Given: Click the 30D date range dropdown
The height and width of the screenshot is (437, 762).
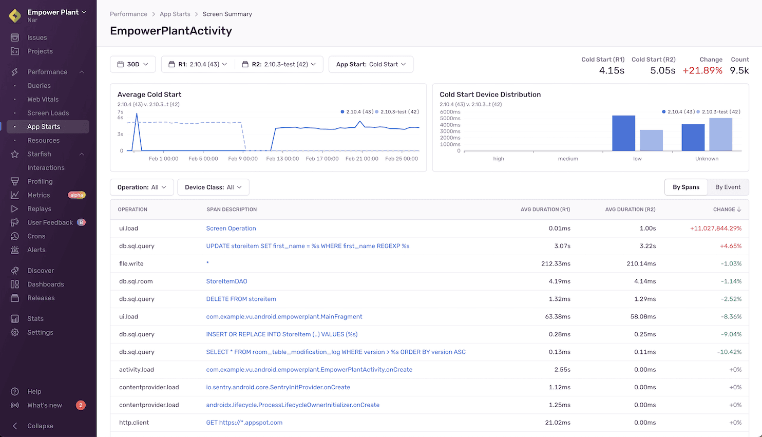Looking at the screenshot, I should click(132, 64).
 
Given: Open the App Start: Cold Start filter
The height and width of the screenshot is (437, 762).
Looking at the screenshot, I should click(371, 64).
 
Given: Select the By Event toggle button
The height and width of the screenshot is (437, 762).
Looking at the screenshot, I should click(728, 187).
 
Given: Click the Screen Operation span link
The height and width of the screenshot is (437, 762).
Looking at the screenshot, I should click(231, 229).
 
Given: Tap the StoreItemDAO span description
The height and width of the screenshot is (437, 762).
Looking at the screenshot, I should click(226, 281).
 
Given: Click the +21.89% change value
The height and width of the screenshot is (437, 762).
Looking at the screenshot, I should click(702, 71).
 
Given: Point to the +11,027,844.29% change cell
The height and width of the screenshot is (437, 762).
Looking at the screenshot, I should click(716, 229).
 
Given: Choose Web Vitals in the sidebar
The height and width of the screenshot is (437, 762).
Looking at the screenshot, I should click(43, 99).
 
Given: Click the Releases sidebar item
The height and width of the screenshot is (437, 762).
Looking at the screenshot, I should click(41, 298).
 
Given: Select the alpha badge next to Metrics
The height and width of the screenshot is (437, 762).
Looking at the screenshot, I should click(77, 195).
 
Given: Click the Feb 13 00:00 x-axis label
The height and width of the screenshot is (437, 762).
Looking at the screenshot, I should click(282, 159).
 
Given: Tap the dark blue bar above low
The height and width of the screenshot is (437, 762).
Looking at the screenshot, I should click(623, 133).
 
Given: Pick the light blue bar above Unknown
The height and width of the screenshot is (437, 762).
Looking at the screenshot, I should click(720, 135).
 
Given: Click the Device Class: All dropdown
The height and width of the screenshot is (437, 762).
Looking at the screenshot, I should click(213, 187).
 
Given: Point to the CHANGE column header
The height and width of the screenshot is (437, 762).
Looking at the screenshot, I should click(727, 210).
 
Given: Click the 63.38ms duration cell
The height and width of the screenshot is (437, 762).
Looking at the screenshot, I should click(558, 317).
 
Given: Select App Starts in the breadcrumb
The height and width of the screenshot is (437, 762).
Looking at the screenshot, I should click(175, 14).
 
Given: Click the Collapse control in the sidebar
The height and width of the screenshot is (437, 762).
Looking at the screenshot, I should click(40, 426).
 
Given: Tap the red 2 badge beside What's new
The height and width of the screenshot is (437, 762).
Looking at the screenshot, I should click(81, 405).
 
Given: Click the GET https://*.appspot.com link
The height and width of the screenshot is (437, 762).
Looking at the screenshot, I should click(244, 423).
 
